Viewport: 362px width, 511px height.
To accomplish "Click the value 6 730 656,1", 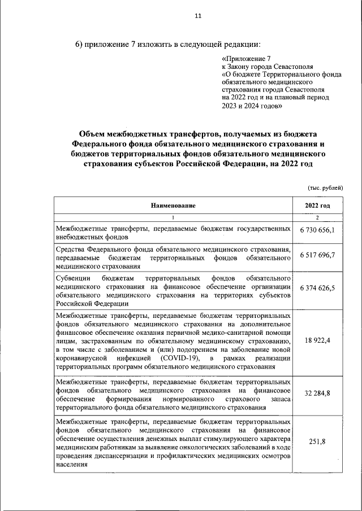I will tap(317, 230).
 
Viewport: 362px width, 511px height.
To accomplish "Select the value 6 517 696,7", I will tap(317, 255).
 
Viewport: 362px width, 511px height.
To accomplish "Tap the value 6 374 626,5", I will tap(317, 287).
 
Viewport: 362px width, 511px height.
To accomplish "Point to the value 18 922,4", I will tap(317, 341).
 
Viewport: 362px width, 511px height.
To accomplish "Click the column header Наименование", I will tap(173, 206).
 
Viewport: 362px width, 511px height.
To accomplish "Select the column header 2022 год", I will tap(317, 206).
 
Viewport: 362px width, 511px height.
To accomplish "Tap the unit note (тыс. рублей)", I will tap(325, 187).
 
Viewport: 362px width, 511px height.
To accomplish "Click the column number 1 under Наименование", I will tap(173, 219).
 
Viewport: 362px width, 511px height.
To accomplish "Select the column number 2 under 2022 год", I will tap(317, 219).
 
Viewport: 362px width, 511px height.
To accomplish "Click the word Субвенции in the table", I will tap(74, 279).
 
